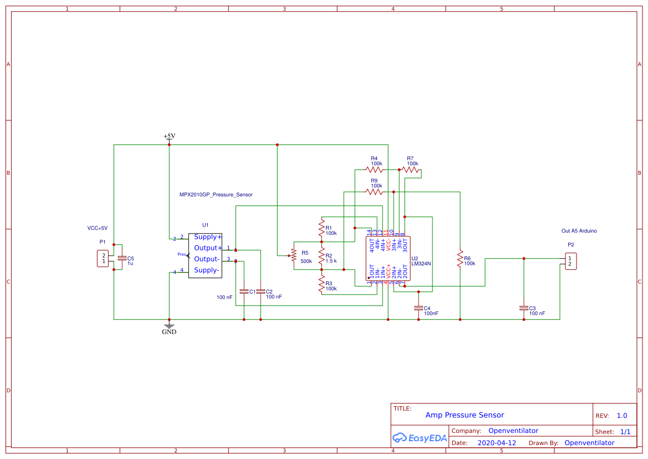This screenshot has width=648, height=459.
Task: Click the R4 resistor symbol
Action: (374, 170)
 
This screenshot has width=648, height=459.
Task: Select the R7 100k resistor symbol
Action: (411, 170)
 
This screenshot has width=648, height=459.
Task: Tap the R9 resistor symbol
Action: (374, 191)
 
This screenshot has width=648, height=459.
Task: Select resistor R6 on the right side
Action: (460, 259)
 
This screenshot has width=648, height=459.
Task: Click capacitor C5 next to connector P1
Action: (122, 259)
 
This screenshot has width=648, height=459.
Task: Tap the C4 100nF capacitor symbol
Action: (419, 308)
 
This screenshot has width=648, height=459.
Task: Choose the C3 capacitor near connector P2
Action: (524, 308)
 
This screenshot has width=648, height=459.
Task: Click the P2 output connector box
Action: (570, 261)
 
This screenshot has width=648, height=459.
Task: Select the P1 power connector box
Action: (103, 259)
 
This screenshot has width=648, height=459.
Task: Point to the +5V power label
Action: (169, 137)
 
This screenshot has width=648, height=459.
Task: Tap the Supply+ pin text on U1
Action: (208, 237)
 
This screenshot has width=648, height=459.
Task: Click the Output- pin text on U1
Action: (207, 259)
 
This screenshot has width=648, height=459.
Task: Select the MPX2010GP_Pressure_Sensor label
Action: (216, 195)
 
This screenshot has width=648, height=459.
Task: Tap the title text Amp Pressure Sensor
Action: (465, 415)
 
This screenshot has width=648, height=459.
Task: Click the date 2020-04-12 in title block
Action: (497, 443)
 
